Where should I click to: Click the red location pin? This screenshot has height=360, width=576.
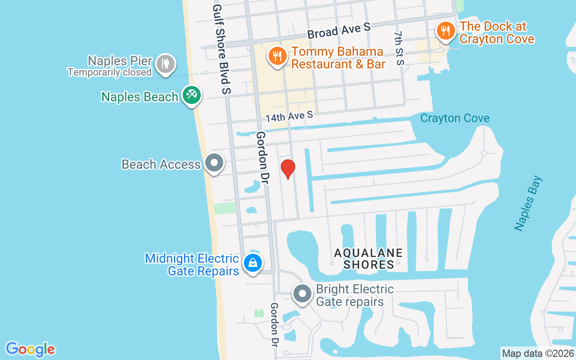click(x=288, y=169)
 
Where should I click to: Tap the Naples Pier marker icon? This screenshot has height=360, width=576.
click(x=165, y=65)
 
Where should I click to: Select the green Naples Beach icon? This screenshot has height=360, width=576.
click(x=192, y=95)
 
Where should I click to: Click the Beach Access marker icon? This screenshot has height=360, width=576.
click(x=214, y=163)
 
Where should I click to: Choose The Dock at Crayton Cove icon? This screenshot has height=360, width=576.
click(x=445, y=31)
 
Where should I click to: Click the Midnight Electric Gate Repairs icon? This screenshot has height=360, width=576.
click(x=252, y=263)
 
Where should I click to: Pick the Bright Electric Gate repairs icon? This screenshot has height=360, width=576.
click(x=302, y=294)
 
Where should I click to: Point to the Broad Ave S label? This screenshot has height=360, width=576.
click(x=339, y=31)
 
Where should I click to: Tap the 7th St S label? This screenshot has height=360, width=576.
click(x=399, y=48)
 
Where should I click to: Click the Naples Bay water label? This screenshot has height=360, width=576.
click(x=529, y=203)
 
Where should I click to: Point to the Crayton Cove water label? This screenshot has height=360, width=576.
click(x=454, y=118)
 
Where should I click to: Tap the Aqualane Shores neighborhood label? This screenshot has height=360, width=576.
click(x=369, y=259)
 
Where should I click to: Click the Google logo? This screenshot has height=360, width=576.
click(x=30, y=349)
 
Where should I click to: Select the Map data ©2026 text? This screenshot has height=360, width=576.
click(x=538, y=353)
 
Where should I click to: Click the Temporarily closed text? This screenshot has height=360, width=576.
click(x=109, y=72)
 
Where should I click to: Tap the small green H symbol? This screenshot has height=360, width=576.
click(x=259, y=313)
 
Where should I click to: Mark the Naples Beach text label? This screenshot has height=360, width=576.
click(x=139, y=97)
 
